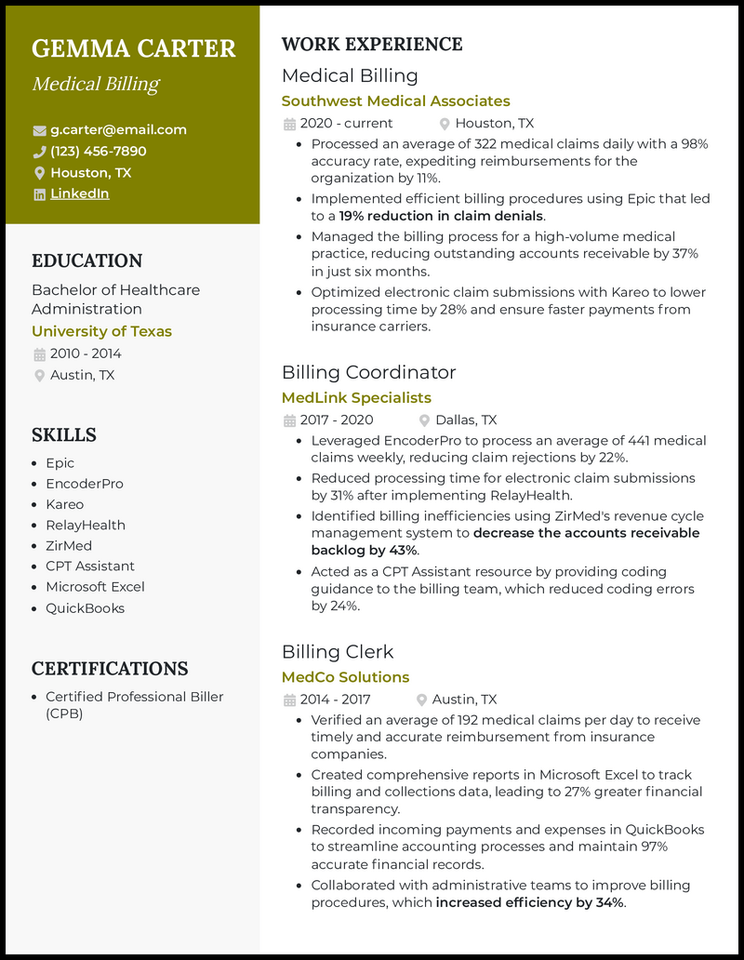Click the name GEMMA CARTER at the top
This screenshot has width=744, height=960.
(x=134, y=48)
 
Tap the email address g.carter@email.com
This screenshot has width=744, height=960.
(x=118, y=130)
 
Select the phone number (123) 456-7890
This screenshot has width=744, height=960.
(x=98, y=152)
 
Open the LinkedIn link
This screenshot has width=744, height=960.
(x=79, y=193)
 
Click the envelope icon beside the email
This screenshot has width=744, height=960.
(x=39, y=130)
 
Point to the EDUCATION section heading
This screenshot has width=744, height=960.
(x=86, y=261)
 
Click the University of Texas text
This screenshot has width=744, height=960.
(x=101, y=331)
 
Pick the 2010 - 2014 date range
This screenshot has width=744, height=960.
(x=86, y=353)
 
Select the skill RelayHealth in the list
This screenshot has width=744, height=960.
(x=85, y=525)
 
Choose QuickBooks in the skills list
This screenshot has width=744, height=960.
(x=85, y=608)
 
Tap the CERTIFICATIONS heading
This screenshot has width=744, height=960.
(x=110, y=669)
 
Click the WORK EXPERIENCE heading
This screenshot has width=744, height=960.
(x=372, y=45)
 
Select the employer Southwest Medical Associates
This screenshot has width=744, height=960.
(x=395, y=100)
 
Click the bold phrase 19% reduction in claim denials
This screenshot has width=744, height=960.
(x=441, y=216)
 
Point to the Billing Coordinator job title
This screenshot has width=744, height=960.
(x=368, y=372)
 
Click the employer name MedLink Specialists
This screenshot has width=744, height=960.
(x=356, y=398)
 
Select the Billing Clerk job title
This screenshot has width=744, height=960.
(x=338, y=651)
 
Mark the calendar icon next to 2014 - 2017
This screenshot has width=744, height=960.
(x=289, y=700)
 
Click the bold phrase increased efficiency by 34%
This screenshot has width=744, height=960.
(x=530, y=902)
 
